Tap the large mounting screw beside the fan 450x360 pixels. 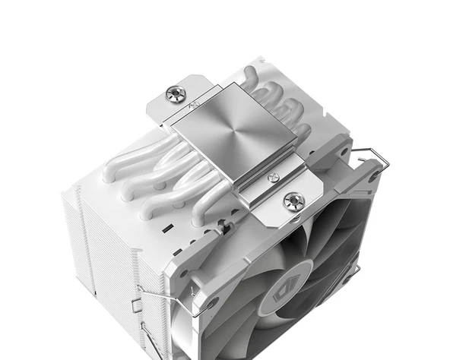pyautogui.click(x=293, y=201)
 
